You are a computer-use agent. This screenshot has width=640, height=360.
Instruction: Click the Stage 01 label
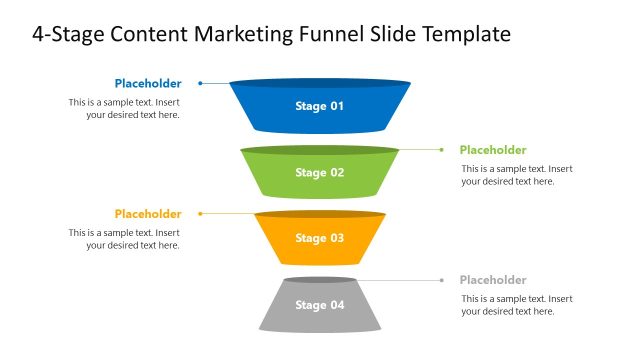coord(319,105)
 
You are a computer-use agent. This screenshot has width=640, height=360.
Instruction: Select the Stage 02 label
coord(319,172)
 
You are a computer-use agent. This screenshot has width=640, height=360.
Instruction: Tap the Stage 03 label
coord(319,238)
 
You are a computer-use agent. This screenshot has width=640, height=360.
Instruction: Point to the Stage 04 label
coord(319,304)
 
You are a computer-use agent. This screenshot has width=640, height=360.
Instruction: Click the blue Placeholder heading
coord(148,83)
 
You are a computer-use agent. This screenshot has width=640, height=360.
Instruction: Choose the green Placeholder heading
coord(493,150)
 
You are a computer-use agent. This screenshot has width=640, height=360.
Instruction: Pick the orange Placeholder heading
coord(148,213)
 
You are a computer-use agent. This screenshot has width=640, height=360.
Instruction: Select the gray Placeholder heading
coord(493,280)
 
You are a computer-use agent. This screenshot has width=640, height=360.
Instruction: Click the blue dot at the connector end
coord(200,83)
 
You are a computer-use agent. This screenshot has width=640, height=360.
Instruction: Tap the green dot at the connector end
coord(441,149)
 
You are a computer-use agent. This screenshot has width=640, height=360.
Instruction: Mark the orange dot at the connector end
coord(200,213)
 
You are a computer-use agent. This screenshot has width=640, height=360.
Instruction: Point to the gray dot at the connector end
coord(441,280)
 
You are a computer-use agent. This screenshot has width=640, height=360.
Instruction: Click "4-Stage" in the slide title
coord(67,34)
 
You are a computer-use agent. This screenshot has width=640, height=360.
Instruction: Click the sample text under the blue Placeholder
coord(125,108)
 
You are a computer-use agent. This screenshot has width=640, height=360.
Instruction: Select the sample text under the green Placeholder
coord(517,175)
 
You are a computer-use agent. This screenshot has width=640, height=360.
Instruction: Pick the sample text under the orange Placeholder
coord(125,238)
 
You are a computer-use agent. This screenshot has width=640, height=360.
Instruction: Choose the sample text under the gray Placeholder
coord(517,305)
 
